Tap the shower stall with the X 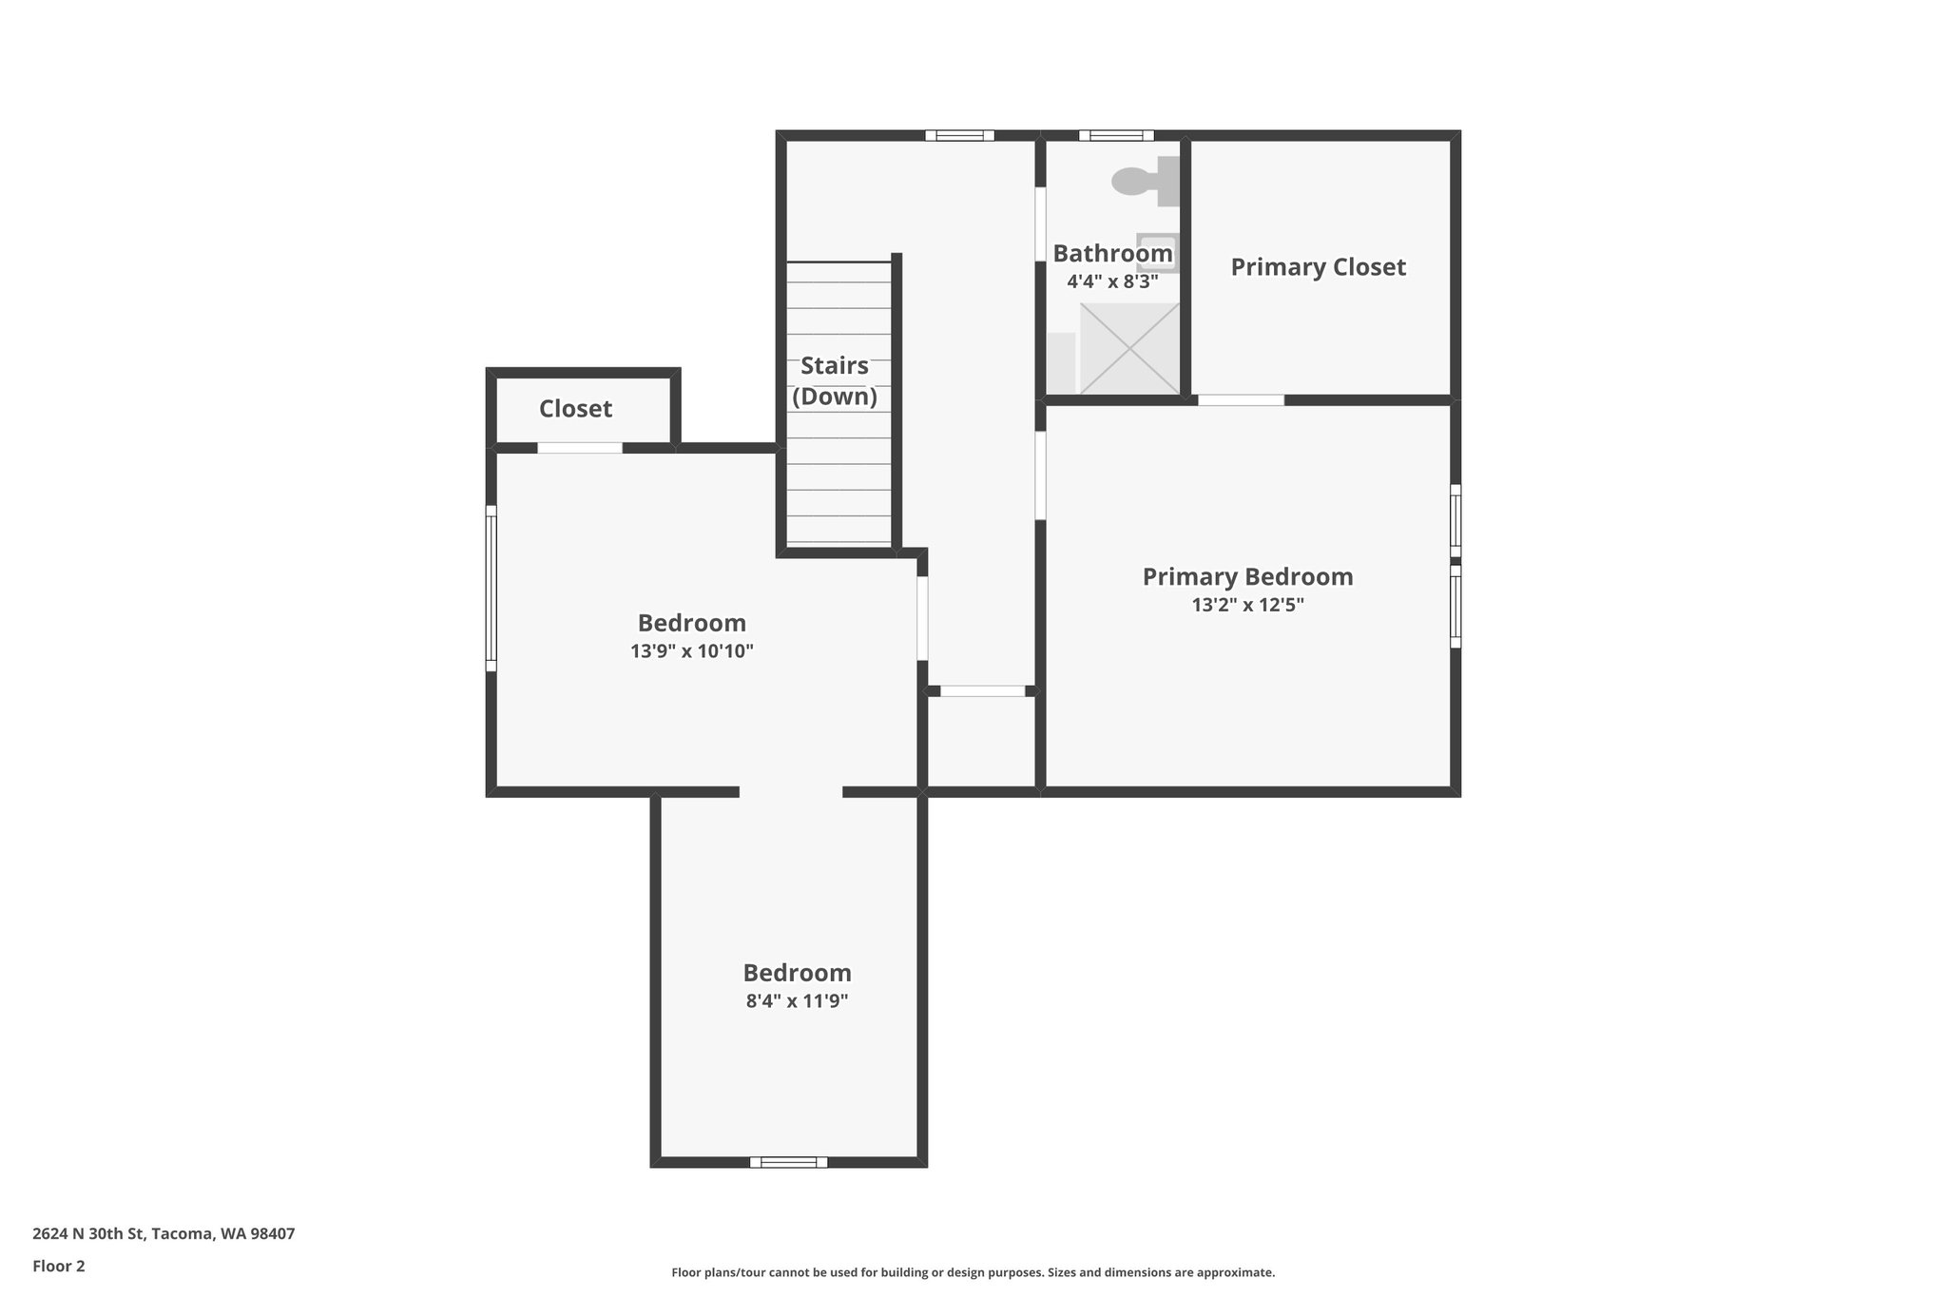pyautogui.click(x=1129, y=348)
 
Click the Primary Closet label pyautogui.click(x=1318, y=267)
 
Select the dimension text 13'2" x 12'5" pyautogui.click(x=1247, y=605)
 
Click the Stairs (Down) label pyautogui.click(x=835, y=381)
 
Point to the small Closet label pyautogui.click(x=575, y=409)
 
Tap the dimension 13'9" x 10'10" pyautogui.click(x=691, y=651)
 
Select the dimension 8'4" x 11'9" pyautogui.click(x=797, y=1000)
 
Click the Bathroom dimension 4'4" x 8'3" pyautogui.click(x=1112, y=281)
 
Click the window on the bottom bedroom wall pyautogui.click(x=788, y=1162)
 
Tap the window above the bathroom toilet pyautogui.click(x=1116, y=135)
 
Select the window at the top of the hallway pyautogui.click(x=959, y=135)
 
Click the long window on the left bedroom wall pyautogui.click(x=492, y=588)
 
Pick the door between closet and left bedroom pyautogui.click(x=580, y=448)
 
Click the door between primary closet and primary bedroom pyautogui.click(x=1241, y=400)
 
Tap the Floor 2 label pyautogui.click(x=59, y=1266)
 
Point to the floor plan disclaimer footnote pyautogui.click(x=973, y=1272)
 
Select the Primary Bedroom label pyautogui.click(x=1247, y=577)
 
